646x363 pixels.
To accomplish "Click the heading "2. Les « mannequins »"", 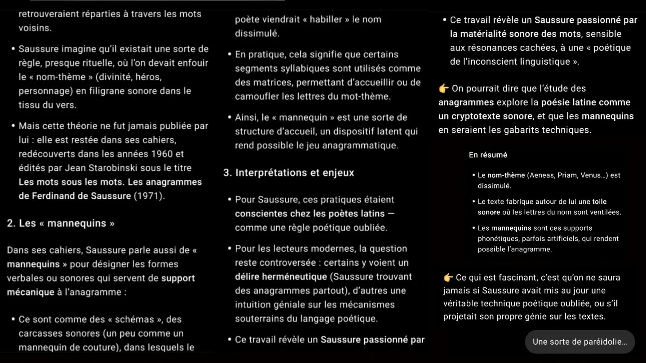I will point(61,223).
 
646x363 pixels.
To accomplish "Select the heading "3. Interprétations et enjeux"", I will point(288,173).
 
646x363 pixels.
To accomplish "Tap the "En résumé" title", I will point(488,155).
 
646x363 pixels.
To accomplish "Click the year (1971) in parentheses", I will point(149,196).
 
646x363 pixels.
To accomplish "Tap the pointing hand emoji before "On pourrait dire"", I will point(444,88).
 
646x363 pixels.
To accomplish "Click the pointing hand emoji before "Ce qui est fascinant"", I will point(448,277).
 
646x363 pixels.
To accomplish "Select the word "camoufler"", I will point(255,96).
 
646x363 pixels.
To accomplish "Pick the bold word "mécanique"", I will point(31,292).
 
